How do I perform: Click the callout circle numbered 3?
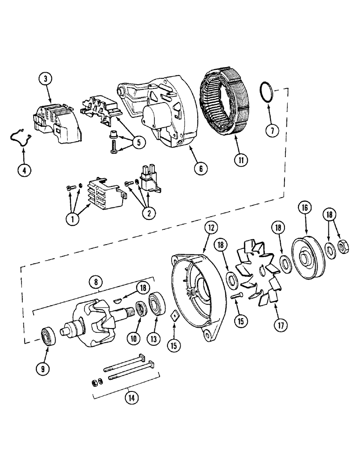tap(46, 79)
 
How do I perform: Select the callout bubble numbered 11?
tap(241, 160)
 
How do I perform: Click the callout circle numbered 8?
tap(96, 281)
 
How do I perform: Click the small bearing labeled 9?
tap(48, 336)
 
